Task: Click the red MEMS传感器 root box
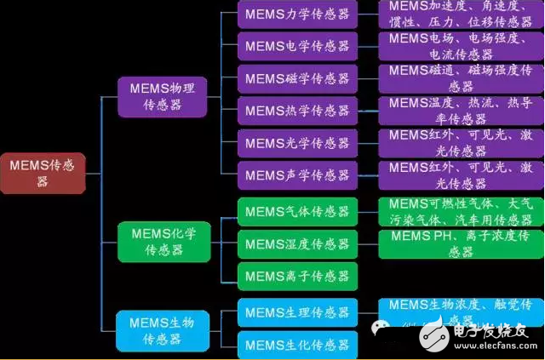point(42,173)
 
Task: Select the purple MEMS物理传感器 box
point(162,95)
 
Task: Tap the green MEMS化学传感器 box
point(162,241)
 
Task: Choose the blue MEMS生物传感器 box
point(162,330)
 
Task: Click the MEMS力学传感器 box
point(296,14)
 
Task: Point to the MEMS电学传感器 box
point(296,46)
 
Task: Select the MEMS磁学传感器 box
point(296,78)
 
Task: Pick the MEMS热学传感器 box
point(296,110)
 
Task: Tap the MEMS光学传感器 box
point(296,142)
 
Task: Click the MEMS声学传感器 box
point(296,174)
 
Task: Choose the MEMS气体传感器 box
point(296,211)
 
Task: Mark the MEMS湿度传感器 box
point(296,244)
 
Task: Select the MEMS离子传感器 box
point(296,276)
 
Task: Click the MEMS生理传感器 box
point(296,312)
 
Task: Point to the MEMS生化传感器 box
point(296,344)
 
